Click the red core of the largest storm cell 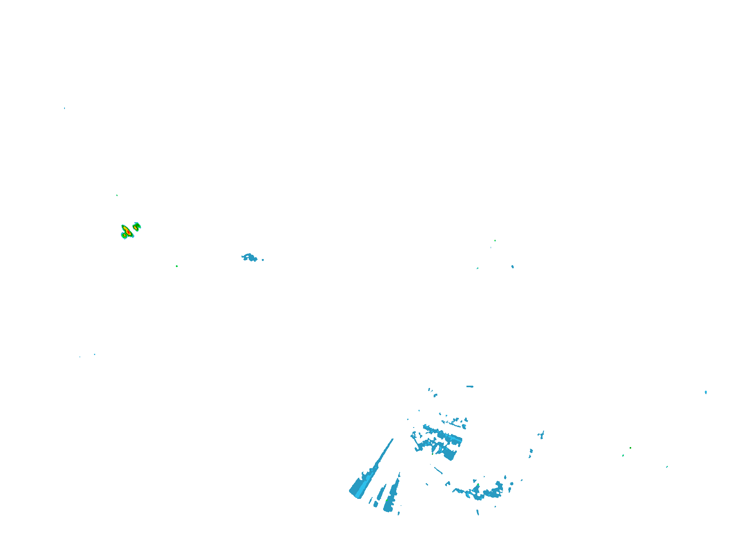pos(126,231)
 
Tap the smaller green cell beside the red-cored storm pos(137,226)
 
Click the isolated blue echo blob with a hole pos(250,257)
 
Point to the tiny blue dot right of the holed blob pos(263,260)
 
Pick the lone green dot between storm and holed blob pos(177,266)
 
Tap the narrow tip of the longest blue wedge pos(392,440)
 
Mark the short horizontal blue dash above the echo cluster pos(470,386)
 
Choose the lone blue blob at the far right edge pos(706,392)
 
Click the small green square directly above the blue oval pos(495,241)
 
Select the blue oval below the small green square pos(513,266)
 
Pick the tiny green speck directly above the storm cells pos(117,195)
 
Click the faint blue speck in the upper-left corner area pos(64,108)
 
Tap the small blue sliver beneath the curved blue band pos(478,512)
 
